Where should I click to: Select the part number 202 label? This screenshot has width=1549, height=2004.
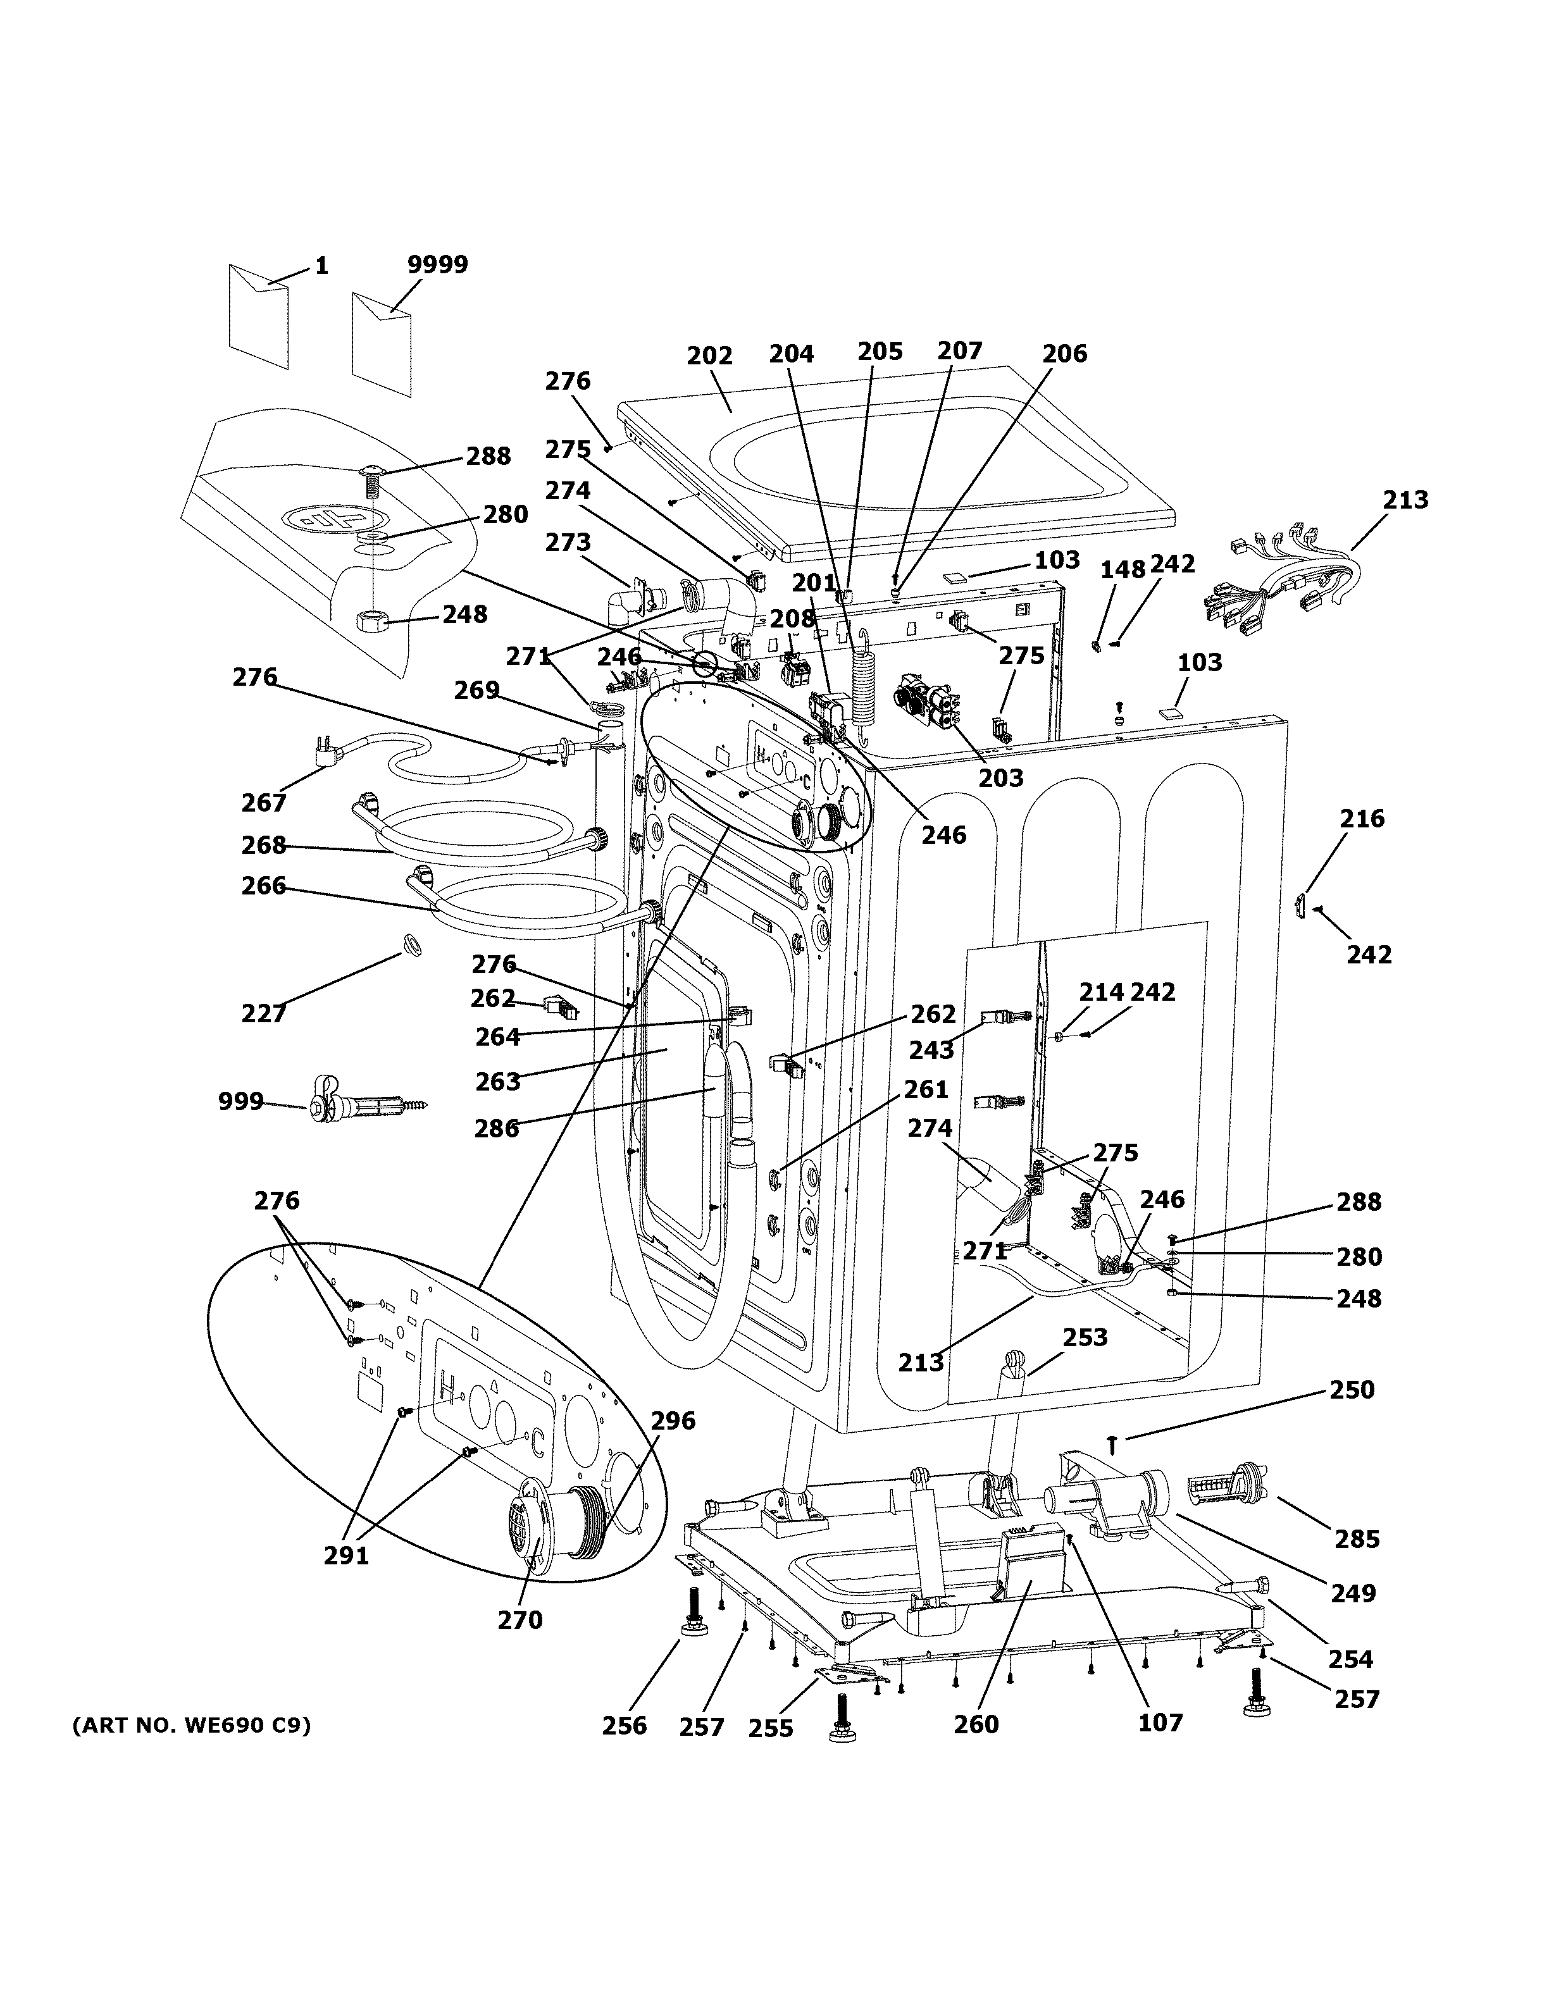(709, 356)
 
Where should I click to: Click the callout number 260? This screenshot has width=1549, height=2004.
(976, 1724)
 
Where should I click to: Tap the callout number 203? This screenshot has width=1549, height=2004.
(1000, 778)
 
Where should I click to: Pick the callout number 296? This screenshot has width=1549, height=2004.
(673, 1420)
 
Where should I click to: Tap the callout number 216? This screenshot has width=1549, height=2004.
(1362, 819)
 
